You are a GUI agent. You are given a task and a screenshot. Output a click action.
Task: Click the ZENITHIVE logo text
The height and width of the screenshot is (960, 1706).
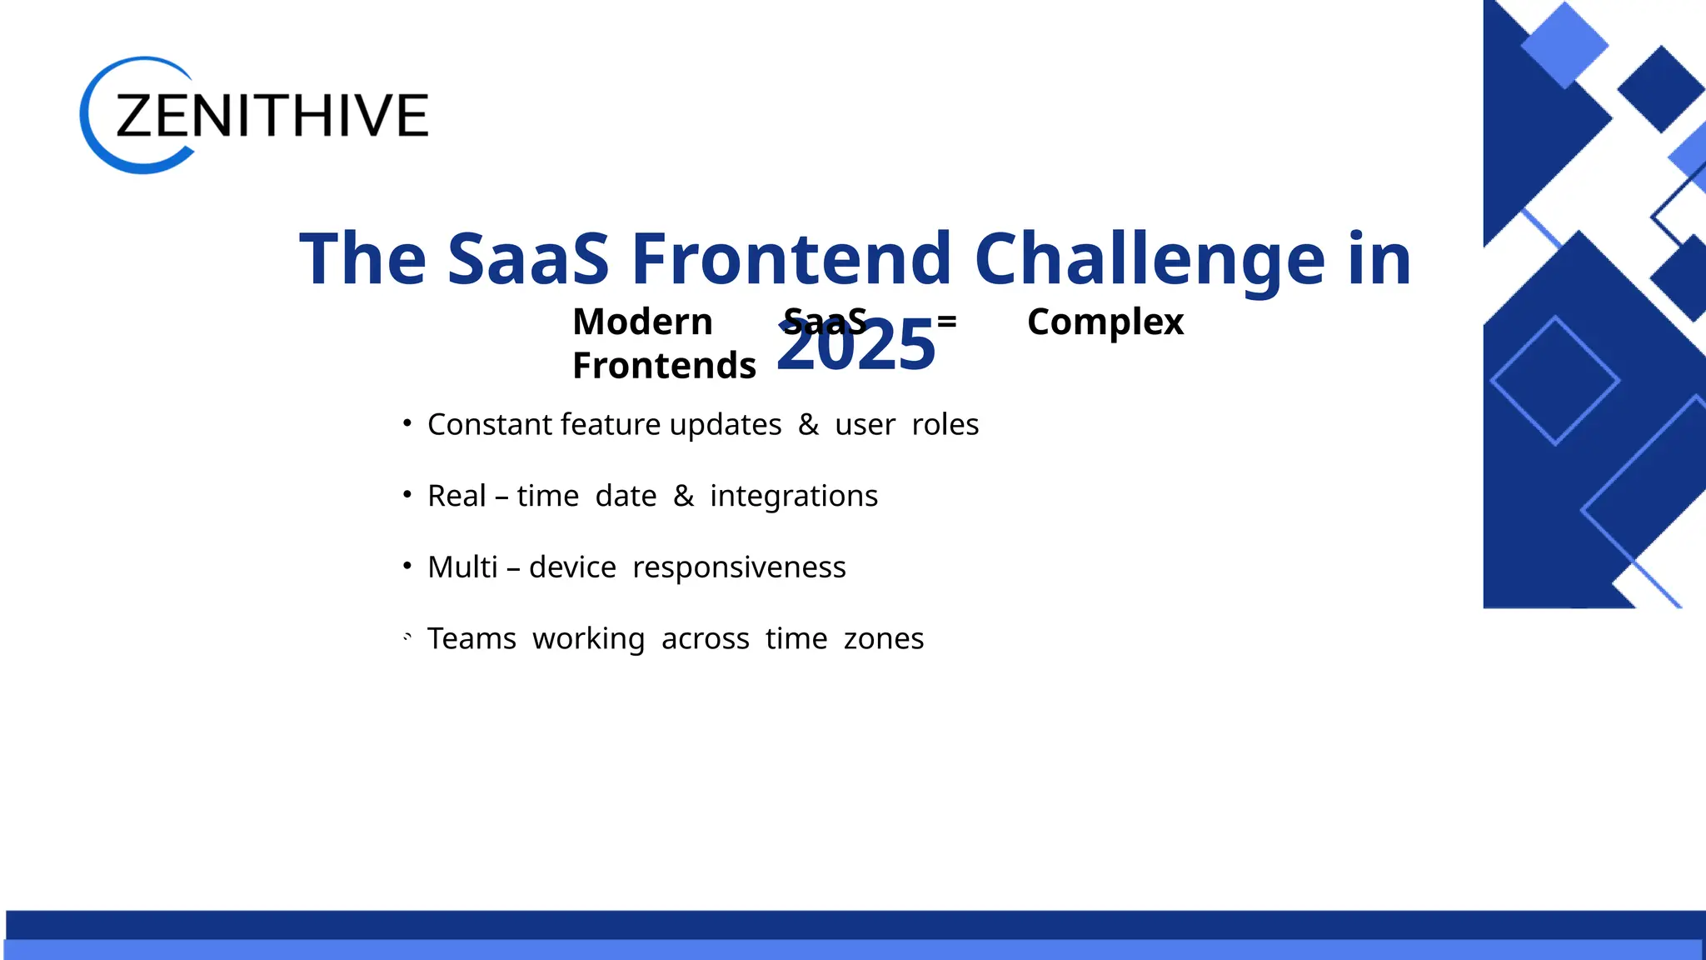[x=272, y=116]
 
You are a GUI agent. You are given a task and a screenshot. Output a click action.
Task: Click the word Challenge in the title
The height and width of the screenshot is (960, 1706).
[x=1149, y=259]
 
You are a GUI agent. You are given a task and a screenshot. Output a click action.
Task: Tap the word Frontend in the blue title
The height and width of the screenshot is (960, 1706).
[x=791, y=259]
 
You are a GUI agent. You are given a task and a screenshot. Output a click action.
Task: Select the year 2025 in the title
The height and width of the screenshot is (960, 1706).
[x=855, y=347]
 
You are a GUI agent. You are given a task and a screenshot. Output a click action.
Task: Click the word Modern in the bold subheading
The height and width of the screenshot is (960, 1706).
[x=642, y=322]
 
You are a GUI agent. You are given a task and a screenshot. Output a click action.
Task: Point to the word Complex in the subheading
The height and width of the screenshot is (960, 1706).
[x=1105, y=322]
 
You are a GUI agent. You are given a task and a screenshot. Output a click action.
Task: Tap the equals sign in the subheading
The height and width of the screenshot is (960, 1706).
[x=946, y=321]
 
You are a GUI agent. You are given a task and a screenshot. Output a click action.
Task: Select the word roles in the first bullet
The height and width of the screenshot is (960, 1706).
[x=945, y=425]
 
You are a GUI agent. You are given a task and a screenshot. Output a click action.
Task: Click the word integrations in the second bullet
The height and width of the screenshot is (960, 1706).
[x=793, y=497]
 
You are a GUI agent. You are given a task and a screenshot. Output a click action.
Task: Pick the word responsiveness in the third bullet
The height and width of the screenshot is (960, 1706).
[x=739, y=567]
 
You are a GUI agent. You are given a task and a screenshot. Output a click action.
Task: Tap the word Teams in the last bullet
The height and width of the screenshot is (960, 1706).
[x=471, y=639]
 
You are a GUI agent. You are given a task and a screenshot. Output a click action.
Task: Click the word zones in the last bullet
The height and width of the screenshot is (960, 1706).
[x=883, y=639]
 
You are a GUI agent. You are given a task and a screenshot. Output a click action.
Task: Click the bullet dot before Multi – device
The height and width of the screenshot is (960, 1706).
[x=407, y=566]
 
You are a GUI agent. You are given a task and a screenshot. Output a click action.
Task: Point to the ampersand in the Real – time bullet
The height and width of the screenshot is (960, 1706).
[x=683, y=496]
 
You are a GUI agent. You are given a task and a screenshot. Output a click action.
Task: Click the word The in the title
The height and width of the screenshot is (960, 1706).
[x=362, y=259]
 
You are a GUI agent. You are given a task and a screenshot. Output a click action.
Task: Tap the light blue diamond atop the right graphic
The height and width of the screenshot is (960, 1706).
[x=1564, y=44]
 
